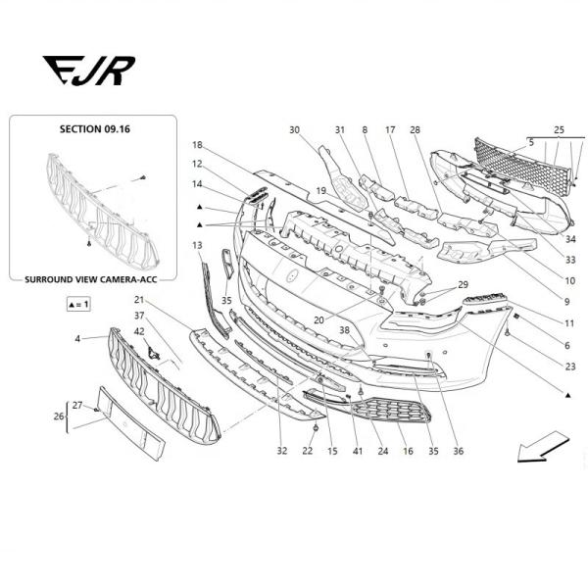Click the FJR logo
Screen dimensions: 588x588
(x=88, y=71)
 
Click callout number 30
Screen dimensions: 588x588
(x=294, y=130)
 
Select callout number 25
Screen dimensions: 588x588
(x=559, y=130)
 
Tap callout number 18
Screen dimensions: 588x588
(x=197, y=145)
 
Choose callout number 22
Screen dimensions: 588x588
(x=307, y=451)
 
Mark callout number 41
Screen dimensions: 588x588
(x=358, y=451)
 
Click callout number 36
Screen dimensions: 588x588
(x=458, y=451)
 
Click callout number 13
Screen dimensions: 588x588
(x=197, y=245)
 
